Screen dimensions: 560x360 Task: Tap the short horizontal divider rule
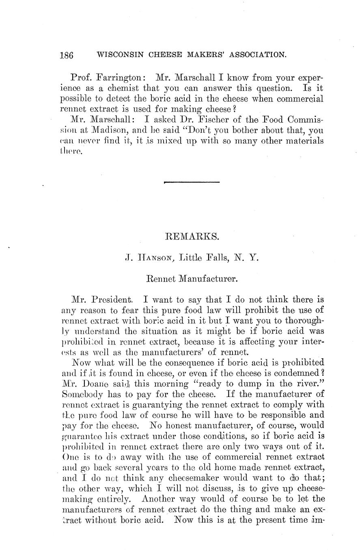[x=191, y=183]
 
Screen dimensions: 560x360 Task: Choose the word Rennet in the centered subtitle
[x=160, y=279]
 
